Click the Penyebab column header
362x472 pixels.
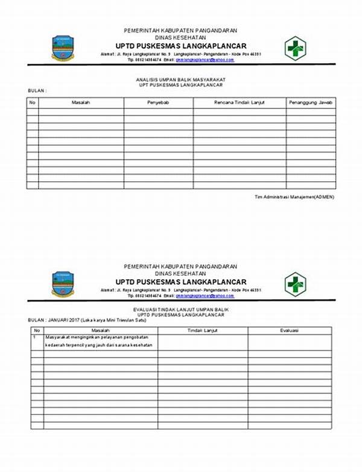click(158, 103)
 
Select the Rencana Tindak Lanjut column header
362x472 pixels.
click(240, 103)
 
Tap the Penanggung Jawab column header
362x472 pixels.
click(311, 103)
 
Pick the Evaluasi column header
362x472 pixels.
click(290, 331)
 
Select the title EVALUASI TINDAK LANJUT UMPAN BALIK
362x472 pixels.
click(180, 309)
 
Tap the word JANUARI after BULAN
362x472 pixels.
click(61, 320)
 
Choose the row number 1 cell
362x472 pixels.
click(35, 338)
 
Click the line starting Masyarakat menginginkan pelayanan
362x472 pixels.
click(98, 338)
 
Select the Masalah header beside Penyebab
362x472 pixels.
click(81, 103)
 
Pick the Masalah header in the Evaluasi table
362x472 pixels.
click(100, 331)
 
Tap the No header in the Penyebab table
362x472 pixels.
click(33, 103)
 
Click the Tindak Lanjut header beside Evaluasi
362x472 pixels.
click(203, 331)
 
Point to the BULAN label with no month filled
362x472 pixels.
click(37, 90)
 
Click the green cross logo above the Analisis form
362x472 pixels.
click(296, 48)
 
